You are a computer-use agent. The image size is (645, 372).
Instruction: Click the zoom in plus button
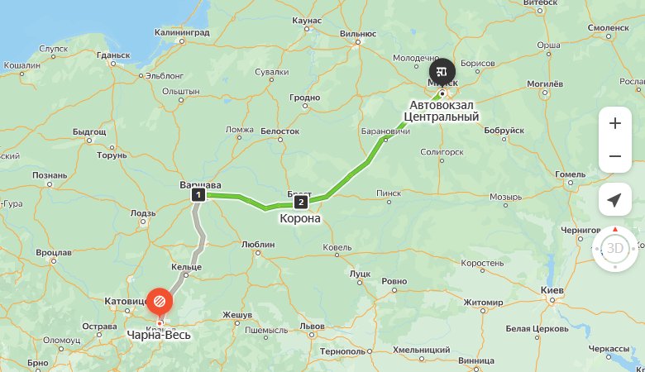click(614, 123)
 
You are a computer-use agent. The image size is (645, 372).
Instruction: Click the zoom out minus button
click(614, 156)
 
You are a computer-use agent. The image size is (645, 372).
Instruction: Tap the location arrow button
click(614, 200)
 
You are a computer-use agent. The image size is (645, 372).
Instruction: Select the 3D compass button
click(614, 247)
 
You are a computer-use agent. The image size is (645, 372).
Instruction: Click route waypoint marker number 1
click(198, 195)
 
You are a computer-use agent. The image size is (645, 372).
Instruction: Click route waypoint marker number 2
click(300, 202)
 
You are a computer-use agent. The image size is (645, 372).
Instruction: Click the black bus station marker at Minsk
click(442, 69)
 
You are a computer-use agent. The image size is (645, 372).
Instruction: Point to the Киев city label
click(552, 292)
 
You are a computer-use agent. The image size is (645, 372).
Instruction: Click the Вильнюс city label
click(358, 34)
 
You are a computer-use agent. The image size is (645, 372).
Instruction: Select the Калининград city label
click(182, 32)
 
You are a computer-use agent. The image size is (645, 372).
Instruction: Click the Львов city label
click(312, 326)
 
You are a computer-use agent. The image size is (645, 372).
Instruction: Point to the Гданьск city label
click(113, 55)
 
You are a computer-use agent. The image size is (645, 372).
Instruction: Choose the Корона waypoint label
click(300, 219)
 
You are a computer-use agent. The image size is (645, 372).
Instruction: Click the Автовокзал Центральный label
click(445, 111)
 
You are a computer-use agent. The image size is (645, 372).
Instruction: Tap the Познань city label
click(50, 175)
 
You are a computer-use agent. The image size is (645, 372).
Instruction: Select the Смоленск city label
click(609, 27)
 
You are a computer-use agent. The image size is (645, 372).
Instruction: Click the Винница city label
click(475, 361)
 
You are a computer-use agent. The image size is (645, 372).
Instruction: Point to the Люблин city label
click(258, 245)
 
